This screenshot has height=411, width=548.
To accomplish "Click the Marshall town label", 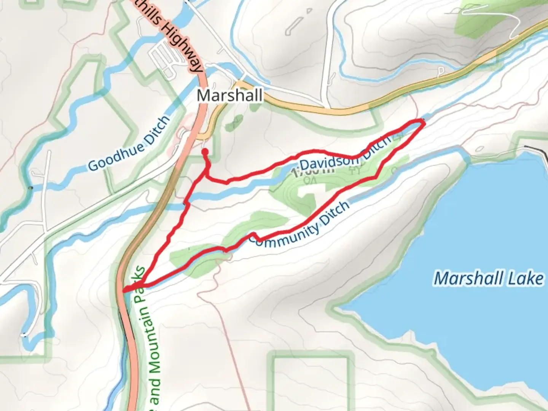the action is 229,95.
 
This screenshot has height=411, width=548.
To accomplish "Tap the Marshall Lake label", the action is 489,278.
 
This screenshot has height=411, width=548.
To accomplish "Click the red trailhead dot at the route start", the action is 205,152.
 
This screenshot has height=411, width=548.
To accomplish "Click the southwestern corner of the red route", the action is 125,290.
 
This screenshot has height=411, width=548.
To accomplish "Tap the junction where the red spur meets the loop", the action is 207,176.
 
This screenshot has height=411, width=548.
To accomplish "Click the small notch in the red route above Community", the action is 253,235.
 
